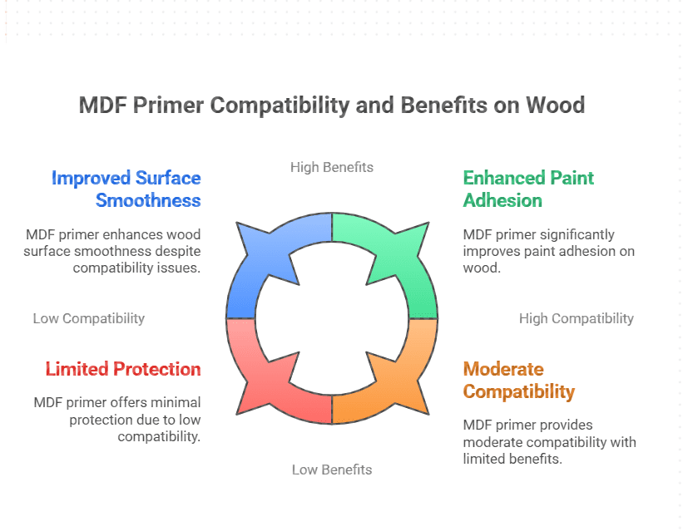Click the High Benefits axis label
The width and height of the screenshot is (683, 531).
point(332,167)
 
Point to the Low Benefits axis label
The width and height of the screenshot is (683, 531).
point(332,470)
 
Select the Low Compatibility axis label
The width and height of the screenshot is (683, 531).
point(89,318)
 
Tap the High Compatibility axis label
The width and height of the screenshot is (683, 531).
point(576,318)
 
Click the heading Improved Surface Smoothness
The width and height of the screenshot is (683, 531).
point(126,189)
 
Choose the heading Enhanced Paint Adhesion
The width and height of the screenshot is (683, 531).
point(528,189)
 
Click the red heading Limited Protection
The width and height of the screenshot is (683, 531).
point(123,369)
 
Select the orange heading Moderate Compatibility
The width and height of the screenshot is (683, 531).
point(518,380)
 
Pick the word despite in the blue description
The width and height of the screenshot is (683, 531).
point(177,251)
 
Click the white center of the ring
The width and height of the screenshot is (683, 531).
point(332,318)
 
